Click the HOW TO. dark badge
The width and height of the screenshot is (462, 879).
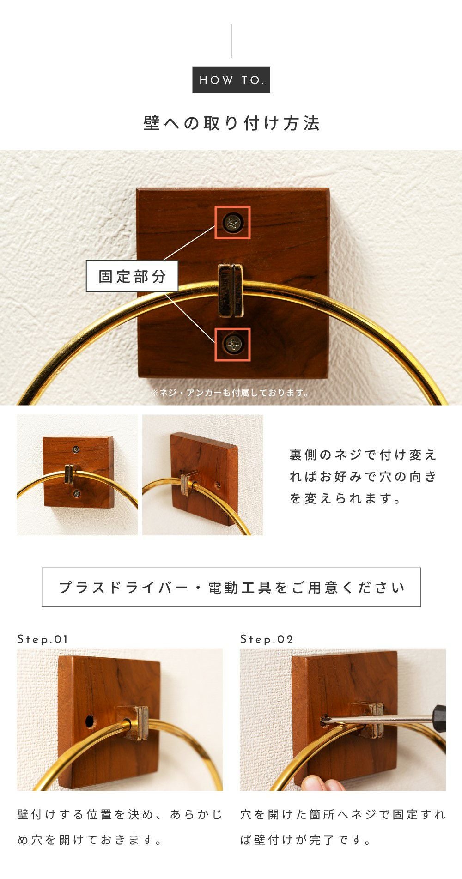231,80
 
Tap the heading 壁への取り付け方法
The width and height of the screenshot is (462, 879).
231,123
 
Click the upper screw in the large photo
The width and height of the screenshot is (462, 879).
232,223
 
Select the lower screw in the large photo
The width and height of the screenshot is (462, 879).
233,344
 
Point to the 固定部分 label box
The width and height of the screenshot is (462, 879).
132,276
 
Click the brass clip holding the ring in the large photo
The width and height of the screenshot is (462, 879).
231,290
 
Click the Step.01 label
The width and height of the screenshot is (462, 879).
43,639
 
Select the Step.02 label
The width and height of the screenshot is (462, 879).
267,639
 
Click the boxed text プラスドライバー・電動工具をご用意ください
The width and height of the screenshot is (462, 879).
231,587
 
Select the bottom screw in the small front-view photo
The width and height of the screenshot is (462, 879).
77,494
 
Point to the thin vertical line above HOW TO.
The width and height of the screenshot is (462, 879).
231,41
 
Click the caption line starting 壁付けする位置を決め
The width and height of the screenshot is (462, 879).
120,814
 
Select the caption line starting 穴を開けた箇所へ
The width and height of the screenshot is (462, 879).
343,814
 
